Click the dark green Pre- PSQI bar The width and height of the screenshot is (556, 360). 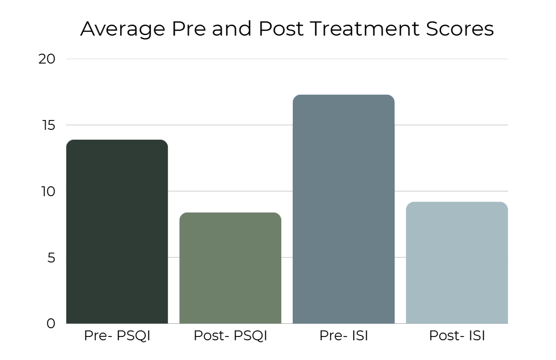[117, 232]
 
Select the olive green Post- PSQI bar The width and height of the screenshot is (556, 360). [230, 268]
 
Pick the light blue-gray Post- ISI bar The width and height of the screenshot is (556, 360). [457, 263]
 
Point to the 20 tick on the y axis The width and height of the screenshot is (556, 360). [47, 59]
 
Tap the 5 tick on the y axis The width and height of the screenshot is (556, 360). [51, 258]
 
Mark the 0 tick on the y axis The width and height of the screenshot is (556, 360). [51, 324]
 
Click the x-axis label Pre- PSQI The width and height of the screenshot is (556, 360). [117, 336]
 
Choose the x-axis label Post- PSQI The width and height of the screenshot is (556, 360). [230, 336]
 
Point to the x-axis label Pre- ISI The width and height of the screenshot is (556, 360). [343, 336]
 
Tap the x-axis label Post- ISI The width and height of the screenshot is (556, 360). [457, 336]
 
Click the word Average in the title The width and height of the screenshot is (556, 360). [122, 29]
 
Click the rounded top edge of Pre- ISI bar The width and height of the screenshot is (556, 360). [343, 96]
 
